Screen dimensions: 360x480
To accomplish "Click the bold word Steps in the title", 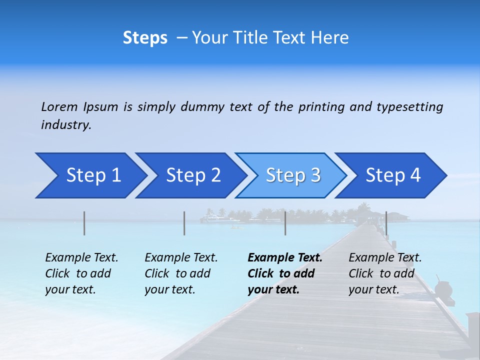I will point(145,38).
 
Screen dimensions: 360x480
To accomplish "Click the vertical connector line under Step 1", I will point(84,223).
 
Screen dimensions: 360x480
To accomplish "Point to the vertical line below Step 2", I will point(184,223).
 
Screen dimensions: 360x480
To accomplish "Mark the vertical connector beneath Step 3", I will point(285,223).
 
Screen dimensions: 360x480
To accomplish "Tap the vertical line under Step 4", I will point(386,223).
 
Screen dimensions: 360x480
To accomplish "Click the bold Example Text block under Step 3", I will point(285,273).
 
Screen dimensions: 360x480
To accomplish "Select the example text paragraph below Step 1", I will point(82,273).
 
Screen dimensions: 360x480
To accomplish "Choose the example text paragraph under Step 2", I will point(181,273).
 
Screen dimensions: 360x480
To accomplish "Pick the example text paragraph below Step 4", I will point(385,273).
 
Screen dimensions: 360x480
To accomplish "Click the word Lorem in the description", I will point(59,106).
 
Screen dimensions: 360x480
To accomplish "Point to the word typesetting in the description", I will point(409,107).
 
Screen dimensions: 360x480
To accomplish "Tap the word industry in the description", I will point(66,125).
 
